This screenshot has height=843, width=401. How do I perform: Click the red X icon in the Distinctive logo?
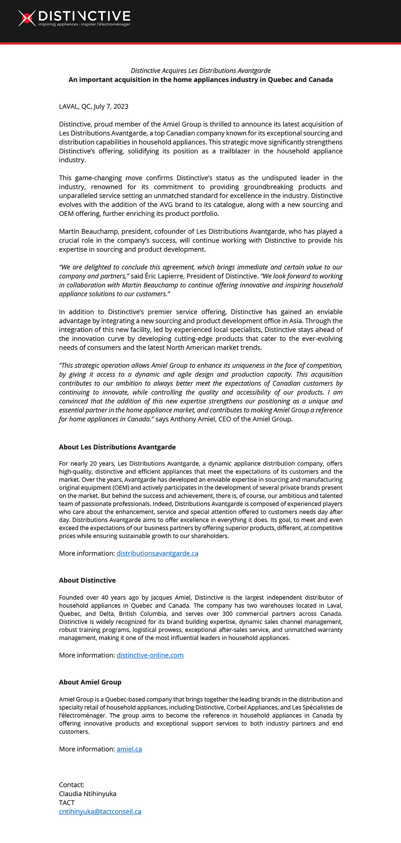click(27, 18)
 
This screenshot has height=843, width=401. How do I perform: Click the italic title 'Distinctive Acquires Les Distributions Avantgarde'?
click(200, 71)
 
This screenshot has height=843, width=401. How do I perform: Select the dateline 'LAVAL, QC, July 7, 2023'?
click(93, 106)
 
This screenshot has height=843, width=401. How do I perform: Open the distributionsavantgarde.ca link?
click(157, 553)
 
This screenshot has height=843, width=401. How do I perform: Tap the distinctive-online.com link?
click(150, 655)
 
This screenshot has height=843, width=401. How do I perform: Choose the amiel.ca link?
click(129, 749)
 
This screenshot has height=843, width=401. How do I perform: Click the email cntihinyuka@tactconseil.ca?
click(100, 811)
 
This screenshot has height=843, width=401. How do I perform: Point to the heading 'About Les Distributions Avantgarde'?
click(117, 447)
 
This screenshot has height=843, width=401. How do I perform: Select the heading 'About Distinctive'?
click(87, 580)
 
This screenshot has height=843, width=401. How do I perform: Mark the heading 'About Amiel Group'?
click(90, 682)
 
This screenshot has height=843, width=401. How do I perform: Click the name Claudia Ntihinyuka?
click(87, 794)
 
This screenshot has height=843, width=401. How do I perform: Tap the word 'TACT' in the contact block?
click(67, 803)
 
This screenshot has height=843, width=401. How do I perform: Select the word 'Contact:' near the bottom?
click(71, 785)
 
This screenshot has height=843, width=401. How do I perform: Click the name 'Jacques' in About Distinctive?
click(162, 597)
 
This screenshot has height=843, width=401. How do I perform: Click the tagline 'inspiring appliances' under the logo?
click(58, 24)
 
